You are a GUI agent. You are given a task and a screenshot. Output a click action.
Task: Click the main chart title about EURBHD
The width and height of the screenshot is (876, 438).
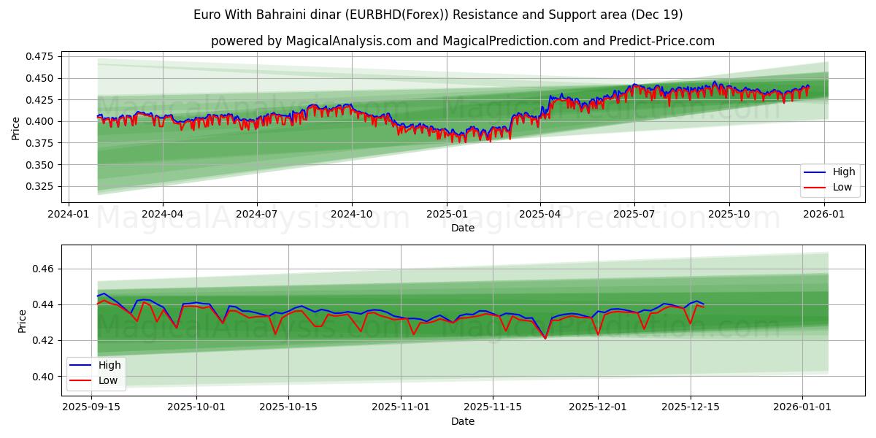pos(438,15)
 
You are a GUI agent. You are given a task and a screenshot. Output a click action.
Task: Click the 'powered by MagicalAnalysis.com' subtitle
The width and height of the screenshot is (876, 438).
pos(463,41)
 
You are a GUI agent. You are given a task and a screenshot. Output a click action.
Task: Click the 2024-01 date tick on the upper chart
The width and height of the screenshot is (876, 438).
pos(68,214)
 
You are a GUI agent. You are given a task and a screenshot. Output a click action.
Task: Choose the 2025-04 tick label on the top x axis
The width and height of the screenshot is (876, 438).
pos(540,214)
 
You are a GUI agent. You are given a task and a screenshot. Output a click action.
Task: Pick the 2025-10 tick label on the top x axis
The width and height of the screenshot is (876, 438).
pos(729,214)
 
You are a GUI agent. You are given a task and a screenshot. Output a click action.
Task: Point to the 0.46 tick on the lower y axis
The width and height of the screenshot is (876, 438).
pos(45,269)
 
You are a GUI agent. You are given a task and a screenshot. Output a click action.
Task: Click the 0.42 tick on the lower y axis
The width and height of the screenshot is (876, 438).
pos(45,341)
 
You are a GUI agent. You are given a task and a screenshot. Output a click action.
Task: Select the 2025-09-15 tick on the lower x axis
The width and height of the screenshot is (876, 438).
pos(91,407)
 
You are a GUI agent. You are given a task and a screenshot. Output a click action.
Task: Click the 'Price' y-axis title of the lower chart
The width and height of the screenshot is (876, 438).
pos(23,321)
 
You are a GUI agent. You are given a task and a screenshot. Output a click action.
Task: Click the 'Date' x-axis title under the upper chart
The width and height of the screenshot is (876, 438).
pos(463,228)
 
